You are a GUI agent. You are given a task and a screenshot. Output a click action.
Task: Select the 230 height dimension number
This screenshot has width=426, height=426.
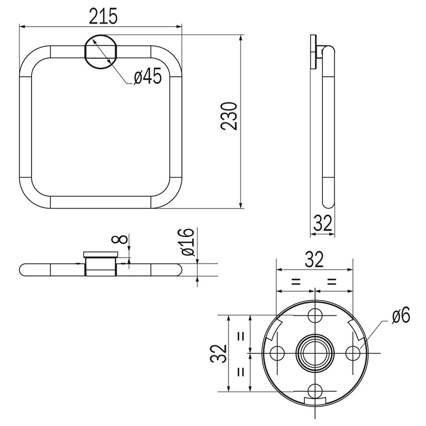(x=229, y=116)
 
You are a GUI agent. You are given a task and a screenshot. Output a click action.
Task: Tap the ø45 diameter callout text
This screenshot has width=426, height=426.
(x=147, y=76)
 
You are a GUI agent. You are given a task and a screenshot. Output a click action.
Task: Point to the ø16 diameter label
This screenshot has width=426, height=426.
(x=185, y=242)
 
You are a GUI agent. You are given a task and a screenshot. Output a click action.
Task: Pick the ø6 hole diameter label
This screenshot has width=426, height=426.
(x=401, y=315)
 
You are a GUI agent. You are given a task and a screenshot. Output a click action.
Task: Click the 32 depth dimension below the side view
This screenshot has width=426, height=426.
(x=322, y=224)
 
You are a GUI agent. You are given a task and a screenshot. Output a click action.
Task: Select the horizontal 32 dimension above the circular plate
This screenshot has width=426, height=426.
(x=314, y=260)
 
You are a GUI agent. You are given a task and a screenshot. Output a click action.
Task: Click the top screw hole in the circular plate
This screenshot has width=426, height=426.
(x=315, y=315)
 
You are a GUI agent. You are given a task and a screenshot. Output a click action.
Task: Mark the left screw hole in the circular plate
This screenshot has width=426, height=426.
(x=277, y=353)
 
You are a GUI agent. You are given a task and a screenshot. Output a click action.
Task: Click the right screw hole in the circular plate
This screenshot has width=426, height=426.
(x=353, y=353)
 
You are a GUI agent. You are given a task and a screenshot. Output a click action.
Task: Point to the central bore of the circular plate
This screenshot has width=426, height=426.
(x=315, y=353)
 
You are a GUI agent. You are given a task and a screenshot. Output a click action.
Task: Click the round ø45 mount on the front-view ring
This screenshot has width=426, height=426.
(x=100, y=52)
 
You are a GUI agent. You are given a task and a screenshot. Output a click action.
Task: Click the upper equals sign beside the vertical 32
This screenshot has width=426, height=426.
(x=240, y=336)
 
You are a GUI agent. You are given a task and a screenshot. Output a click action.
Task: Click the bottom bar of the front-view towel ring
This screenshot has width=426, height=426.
(x=100, y=202)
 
